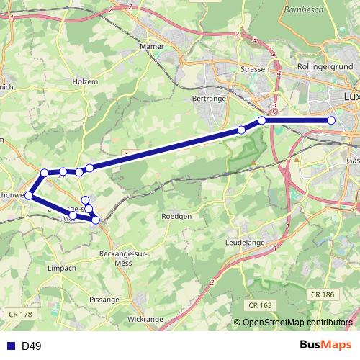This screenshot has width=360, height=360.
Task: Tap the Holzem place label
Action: point(85,82)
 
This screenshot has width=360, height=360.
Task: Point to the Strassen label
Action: point(255,70)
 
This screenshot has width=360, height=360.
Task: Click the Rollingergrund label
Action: point(323,67)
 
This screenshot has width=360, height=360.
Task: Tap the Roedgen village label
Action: point(176,216)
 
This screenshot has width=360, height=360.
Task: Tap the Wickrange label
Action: point(145,318)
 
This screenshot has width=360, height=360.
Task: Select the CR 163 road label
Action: point(258,305)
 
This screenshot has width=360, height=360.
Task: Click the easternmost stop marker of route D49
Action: point(331,121)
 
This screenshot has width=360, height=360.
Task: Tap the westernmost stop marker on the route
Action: point(30,195)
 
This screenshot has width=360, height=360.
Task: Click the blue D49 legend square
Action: point(11,346)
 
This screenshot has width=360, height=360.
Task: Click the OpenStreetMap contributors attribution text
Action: point(297,323)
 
